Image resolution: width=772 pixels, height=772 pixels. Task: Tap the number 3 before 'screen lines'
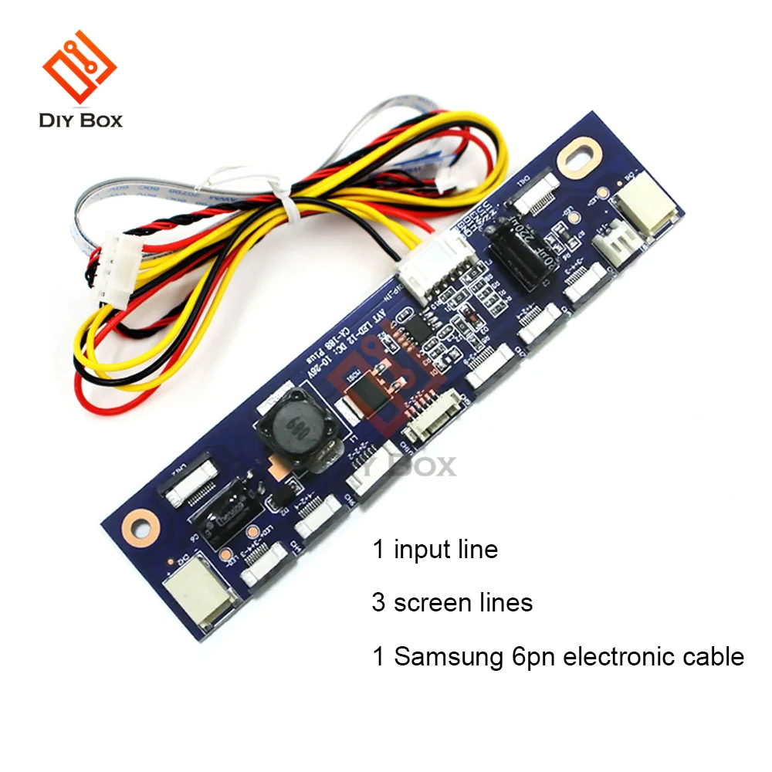pos(378,602)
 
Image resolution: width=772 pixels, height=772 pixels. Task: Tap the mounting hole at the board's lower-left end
pos(140,524)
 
